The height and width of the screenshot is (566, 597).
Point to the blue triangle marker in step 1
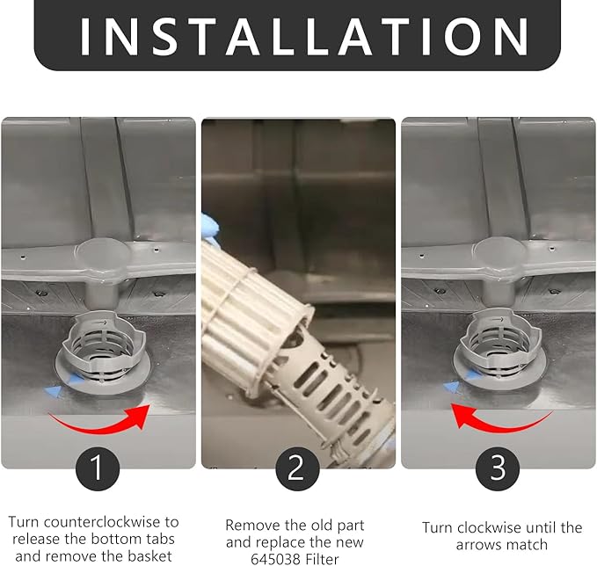(x=54, y=389)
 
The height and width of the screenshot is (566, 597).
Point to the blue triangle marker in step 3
(x=450, y=387)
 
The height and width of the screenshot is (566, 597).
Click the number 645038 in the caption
(x=264, y=557)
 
